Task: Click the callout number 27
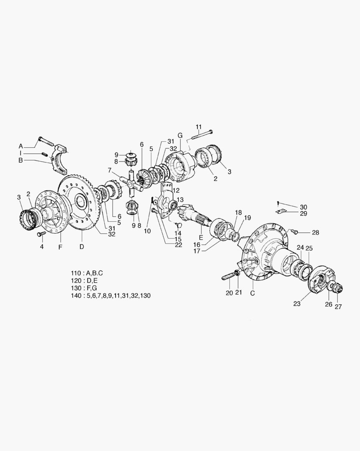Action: click(338, 307)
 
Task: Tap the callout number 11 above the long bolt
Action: click(199, 127)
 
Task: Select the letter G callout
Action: click(180, 135)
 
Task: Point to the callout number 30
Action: click(303, 207)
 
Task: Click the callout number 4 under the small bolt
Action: click(42, 246)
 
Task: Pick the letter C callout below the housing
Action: click(252, 293)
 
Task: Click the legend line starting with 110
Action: click(87, 273)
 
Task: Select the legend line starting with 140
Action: click(111, 295)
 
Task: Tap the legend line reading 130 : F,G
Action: click(84, 288)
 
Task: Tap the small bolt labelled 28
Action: click(293, 231)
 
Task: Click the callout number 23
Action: click(297, 304)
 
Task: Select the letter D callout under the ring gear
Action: click(82, 246)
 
